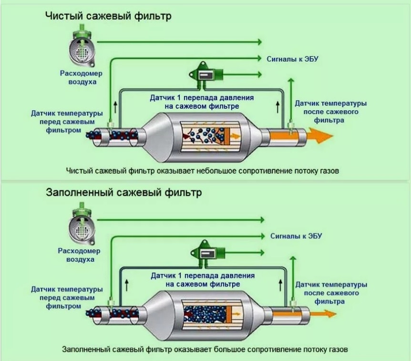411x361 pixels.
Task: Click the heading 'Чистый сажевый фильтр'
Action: coord(108,16)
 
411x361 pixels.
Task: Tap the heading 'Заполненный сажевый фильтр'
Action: coord(123,193)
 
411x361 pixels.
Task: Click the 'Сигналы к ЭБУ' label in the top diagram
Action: coord(292,59)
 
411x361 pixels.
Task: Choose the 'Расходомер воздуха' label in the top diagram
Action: coord(78,78)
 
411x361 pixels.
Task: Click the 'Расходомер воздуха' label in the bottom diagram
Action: coord(76,255)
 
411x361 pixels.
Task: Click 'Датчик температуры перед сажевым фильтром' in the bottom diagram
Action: coord(67,297)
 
